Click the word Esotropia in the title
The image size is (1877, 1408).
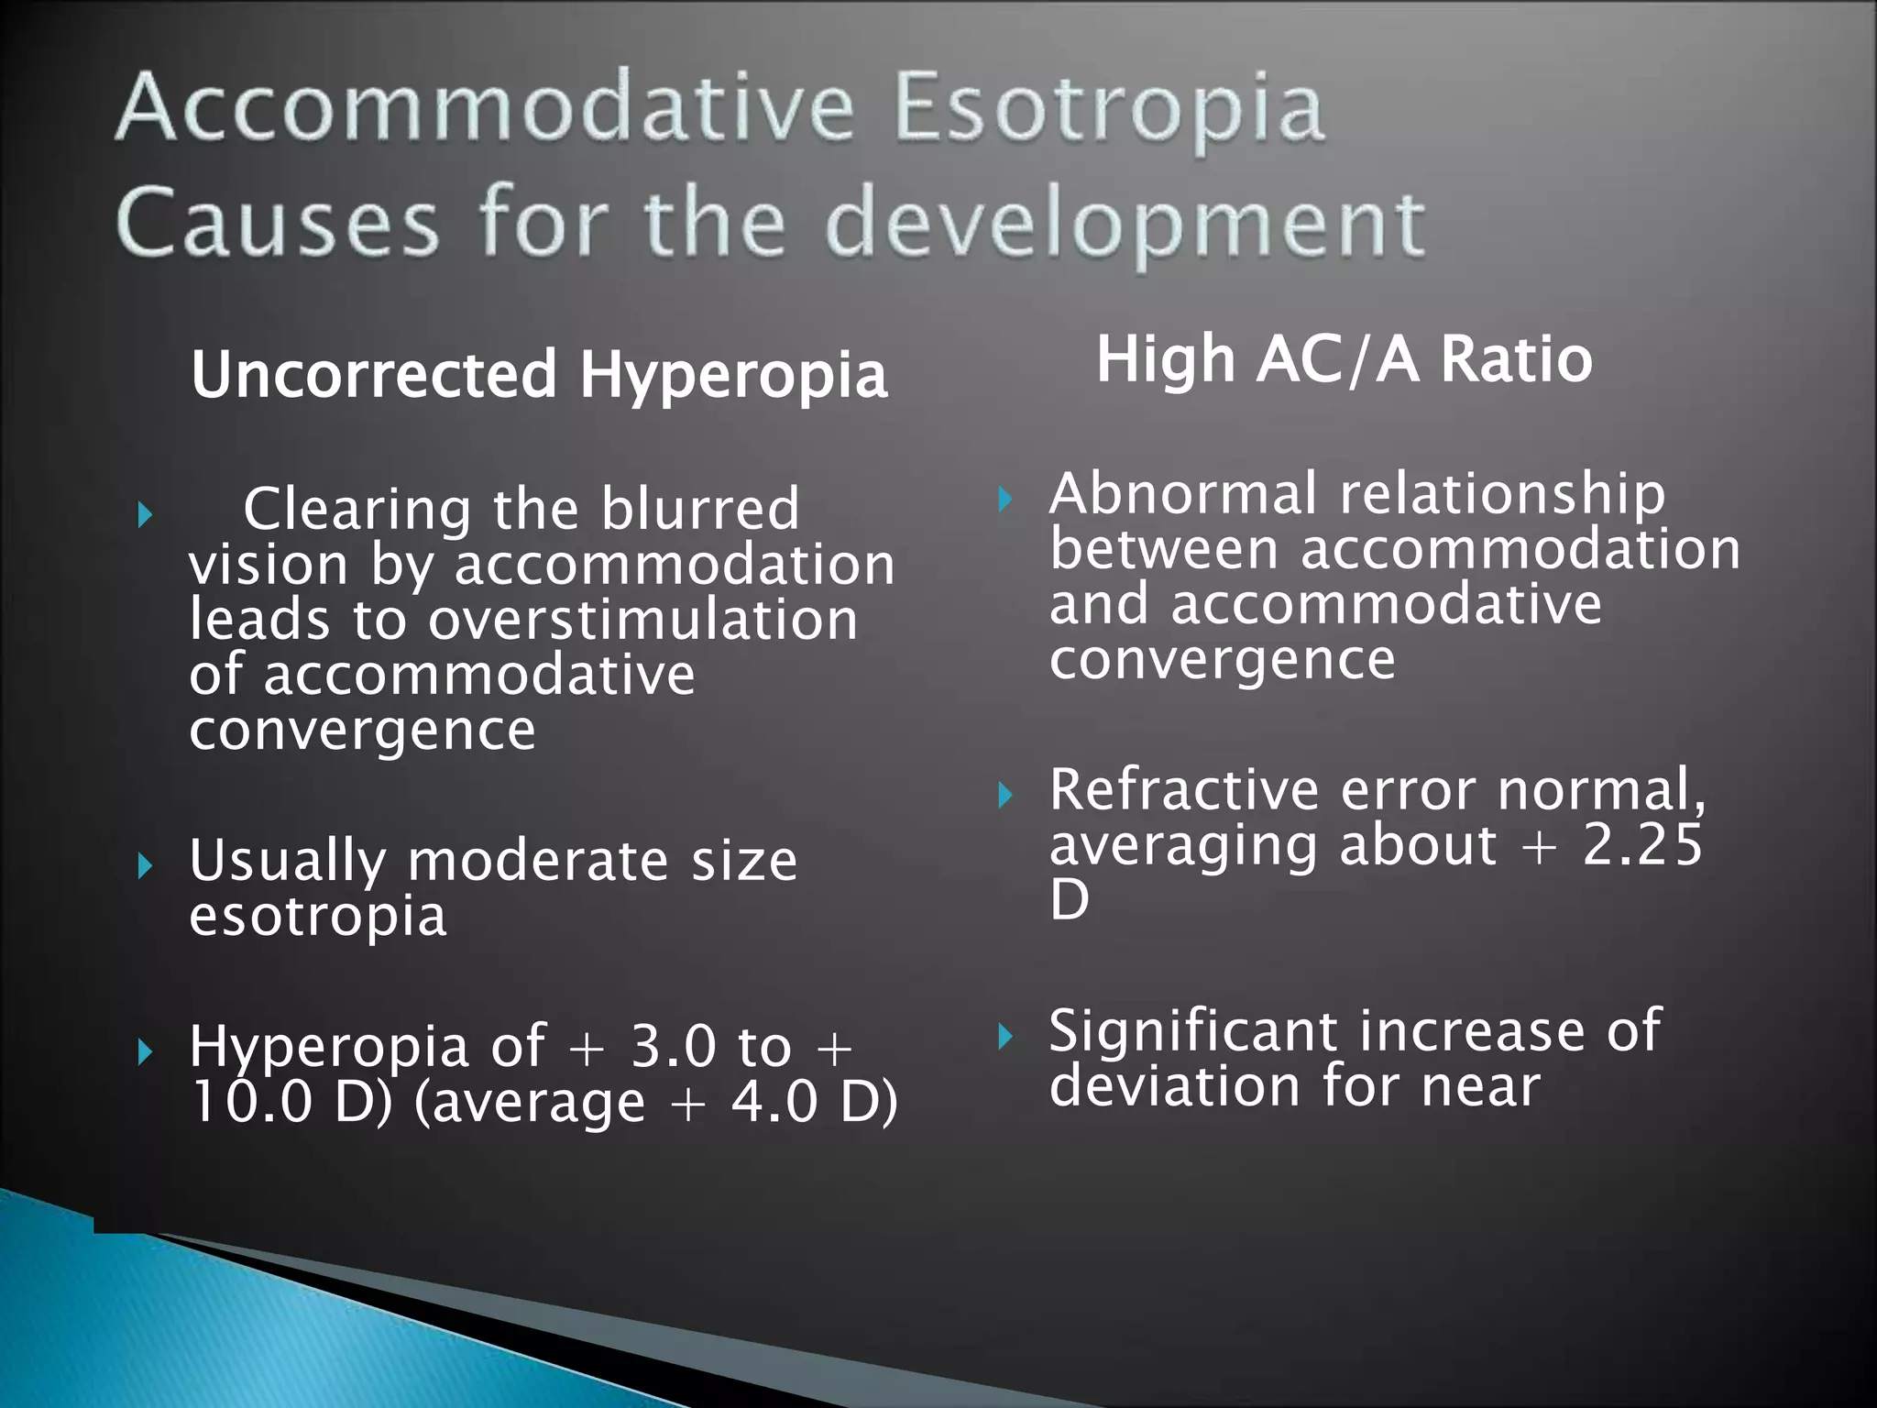pos(1109,110)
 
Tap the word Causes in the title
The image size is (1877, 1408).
pos(277,223)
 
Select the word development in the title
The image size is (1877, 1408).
pos(1125,225)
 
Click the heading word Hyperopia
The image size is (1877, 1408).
pos(733,375)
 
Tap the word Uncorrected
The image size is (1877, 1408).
pos(374,375)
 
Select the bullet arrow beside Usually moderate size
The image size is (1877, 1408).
pos(145,864)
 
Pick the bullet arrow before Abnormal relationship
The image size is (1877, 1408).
pos(1005,500)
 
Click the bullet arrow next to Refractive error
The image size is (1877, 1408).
pos(1005,795)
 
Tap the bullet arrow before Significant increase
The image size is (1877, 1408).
pos(1005,1037)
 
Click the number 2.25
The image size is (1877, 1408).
pos(1642,844)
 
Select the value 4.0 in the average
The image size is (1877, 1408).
pos(774,1102)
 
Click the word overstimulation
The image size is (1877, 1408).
pos(643,620)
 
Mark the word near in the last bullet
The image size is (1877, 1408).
pos(1480,1087)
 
